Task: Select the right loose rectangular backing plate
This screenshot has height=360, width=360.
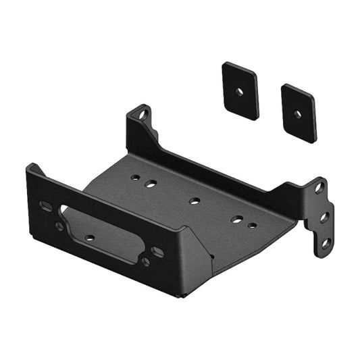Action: click(299, 112)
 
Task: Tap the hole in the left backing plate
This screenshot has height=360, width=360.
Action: click(238, 90)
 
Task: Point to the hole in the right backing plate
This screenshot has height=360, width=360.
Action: click(298, 113)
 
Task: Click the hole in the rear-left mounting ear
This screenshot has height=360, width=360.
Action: click(142, 115)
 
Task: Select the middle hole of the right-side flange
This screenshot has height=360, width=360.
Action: click(324, 216)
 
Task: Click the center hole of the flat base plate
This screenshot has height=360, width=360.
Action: click(195, 201)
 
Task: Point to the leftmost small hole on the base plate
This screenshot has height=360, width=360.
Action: click(136, 177)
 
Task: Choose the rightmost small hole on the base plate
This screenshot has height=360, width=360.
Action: click(252, 225)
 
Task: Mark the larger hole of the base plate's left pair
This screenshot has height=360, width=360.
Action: click(151, 182)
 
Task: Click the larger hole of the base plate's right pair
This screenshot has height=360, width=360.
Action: click(237, 219)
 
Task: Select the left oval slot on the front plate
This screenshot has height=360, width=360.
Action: click(46, 205)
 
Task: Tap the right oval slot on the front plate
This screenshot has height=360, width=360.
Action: click(157, 252)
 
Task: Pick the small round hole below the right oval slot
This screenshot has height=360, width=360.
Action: click(145, 261)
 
